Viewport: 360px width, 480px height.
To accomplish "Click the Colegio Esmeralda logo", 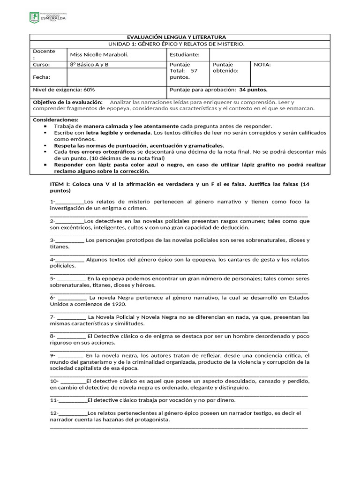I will [x=48, y=18].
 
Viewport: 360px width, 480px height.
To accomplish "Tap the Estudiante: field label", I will [x=185, y=55].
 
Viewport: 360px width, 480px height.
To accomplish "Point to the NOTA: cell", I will [x=263, y=65].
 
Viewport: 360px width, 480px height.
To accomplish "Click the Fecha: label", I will [x=41, y=77].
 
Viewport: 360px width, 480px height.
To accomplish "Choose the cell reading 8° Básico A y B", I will [x=89, y=65].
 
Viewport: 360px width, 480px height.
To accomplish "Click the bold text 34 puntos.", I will [x=253, y=90].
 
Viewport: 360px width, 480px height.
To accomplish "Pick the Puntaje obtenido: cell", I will [x=225, y=67].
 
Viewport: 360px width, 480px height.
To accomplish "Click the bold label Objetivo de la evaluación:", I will [x=67, y=102].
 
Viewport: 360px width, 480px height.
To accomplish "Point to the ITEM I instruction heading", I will [x=180, y=187].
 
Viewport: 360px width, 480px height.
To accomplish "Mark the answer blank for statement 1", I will [x=69, y=202].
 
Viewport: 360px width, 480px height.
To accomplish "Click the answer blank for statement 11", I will [x=73, y=401].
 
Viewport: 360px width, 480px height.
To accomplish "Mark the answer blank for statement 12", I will [x=73, y=413].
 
